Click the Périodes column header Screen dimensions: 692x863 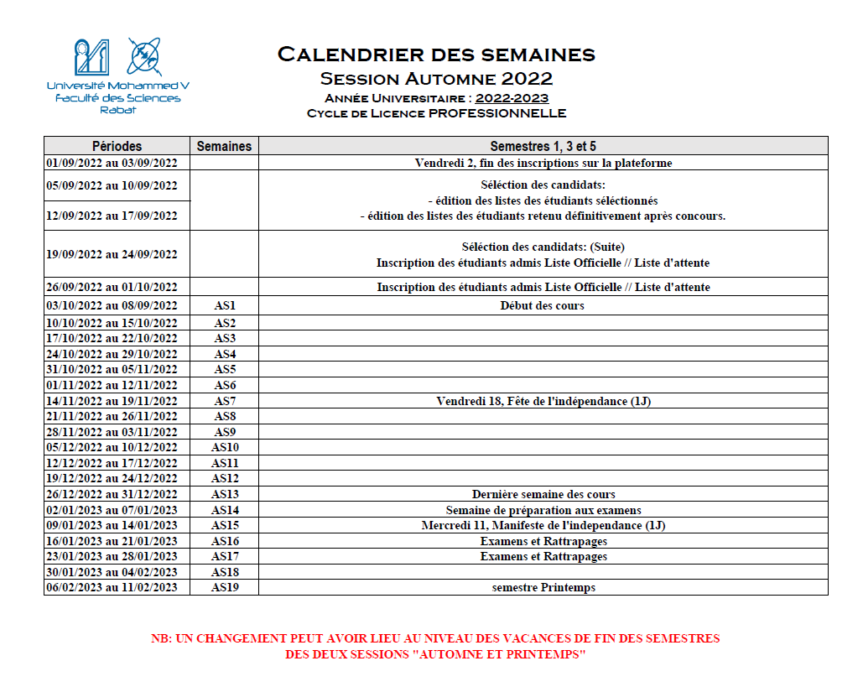(117, 146)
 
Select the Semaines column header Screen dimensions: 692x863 (224, 146)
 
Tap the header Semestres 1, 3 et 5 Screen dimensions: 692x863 (543, 146)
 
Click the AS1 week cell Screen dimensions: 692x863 (225, 306)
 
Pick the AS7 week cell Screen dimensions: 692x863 (225, 401)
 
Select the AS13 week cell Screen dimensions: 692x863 (225, 495)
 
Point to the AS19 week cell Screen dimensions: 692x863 (225, 588)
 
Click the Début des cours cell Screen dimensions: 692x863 (543, 306)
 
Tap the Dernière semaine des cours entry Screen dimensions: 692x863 (543, 495)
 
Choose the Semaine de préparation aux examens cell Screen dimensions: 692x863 (543, 510)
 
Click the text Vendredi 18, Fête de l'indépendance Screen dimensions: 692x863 (543, 401)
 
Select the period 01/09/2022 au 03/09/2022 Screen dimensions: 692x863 (112, 163)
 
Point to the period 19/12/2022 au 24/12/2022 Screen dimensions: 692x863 (112, 479)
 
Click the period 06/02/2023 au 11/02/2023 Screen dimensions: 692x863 (112, 588)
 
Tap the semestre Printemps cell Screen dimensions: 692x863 (543, 588)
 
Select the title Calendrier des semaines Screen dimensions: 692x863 (436, 55)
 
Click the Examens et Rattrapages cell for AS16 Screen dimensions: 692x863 (543, 541)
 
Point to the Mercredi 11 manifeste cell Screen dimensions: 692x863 (543, 526)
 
